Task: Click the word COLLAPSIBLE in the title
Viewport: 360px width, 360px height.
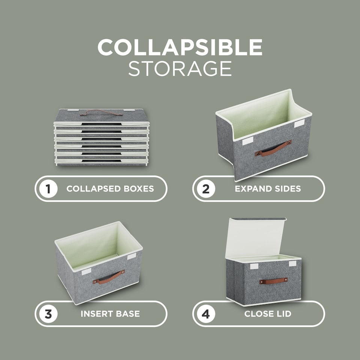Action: (180, 47)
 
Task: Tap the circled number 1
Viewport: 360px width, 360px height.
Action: (48, 189)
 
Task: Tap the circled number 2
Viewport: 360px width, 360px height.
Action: (206, 189)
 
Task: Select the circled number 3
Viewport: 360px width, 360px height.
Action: (48, 313)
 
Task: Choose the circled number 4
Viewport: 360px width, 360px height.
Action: (206, 313)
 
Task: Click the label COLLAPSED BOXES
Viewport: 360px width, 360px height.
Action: (110, 189)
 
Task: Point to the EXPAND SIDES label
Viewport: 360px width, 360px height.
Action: (268, 189)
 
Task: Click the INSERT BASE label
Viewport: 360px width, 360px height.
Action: (110, 313)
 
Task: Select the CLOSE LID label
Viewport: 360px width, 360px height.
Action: (268, 313)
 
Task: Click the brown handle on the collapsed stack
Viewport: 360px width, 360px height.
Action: (96, 112)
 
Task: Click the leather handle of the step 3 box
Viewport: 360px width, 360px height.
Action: (109, 277)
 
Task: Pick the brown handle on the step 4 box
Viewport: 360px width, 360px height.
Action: (273, 280)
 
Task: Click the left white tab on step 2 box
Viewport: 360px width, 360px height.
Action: (247, 142)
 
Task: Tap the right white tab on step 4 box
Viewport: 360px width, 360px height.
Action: (292, 264)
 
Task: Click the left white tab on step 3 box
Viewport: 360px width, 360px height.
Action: (86, 271)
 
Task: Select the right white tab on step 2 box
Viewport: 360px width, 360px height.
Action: (299, 124)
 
